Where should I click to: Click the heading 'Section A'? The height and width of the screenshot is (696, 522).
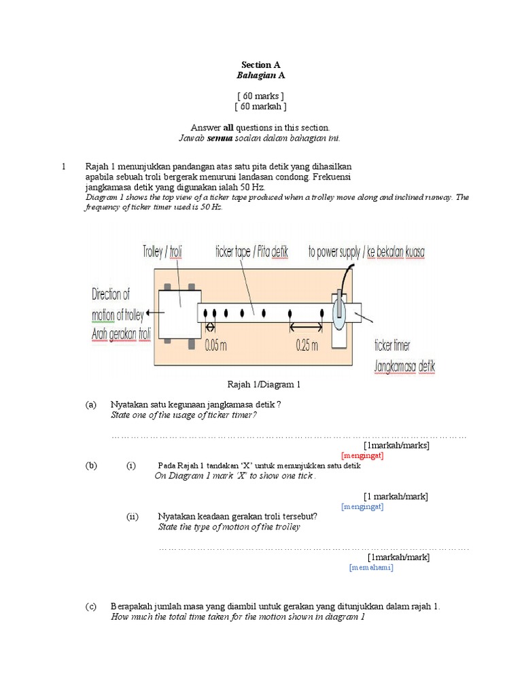pyautogui.click(x=260, y=65)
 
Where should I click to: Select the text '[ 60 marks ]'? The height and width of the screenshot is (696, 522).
pyautogui.click(x=260, y=95)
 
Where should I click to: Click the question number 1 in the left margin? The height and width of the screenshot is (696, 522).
pyautogui.click(x=63, y=167)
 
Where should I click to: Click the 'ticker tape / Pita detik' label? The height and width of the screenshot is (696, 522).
pyautogui.click(x=251, y=252)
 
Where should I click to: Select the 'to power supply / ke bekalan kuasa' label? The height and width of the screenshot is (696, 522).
pyautogui.click(x=366, y=252)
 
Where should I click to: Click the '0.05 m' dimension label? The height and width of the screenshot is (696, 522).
pyautogui.click(x=215, y=345)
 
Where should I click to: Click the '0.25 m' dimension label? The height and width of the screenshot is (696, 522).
pyautogui.click(x=307, y=345)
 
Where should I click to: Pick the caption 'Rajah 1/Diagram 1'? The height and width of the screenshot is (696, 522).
pyautogui.click(x=260, y=385)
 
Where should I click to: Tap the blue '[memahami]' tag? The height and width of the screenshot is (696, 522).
pyautogui.click(x=371, y=568)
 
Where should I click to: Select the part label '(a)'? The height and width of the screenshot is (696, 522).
pyautogui.click(x=91, y=404)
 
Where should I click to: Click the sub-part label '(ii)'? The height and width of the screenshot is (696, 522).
pyautogui.click(x=133, y=517)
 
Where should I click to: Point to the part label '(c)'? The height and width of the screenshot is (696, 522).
pyautogui.click(x=91, y=606)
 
